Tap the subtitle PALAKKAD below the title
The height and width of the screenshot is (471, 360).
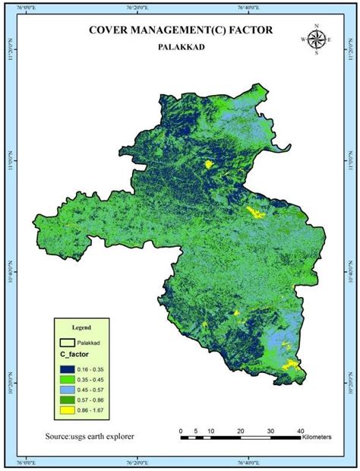tap(179, 46)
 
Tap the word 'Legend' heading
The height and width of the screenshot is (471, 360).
tap(81, 327)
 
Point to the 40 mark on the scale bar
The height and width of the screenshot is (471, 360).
tap(302, 431)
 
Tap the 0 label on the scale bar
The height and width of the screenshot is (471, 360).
tap(182, 431)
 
